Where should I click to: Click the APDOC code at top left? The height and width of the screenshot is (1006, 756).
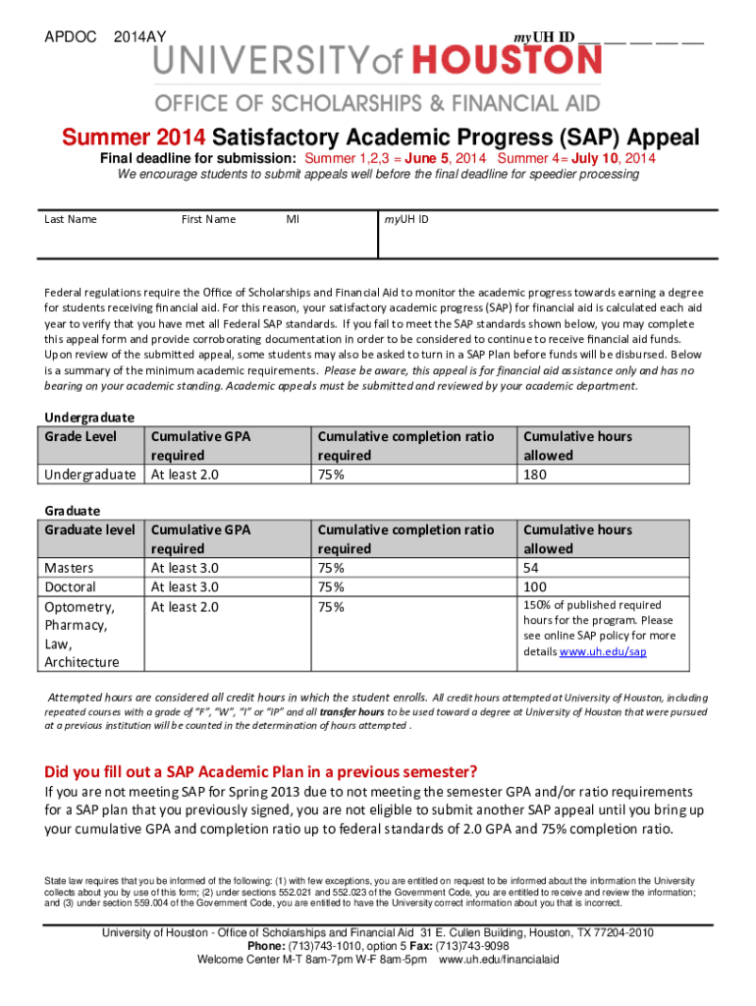coord(71,37)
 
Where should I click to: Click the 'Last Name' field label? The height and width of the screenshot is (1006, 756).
coord(71,219)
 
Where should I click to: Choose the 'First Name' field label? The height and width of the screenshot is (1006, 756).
coord(208,219)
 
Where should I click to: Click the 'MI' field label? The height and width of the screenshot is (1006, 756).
coord(293,219)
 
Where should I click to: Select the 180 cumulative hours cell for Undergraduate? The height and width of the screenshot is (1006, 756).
coord(535,475)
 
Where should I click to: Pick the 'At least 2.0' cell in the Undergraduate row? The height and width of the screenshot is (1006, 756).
coord(184,475)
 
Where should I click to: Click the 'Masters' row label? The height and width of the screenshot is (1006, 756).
coord(70,568)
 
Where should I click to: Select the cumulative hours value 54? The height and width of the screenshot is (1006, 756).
coord(531,568)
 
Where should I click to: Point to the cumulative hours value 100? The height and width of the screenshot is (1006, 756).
coord(535,587)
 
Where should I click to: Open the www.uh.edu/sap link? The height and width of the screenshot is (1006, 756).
coord(603,652)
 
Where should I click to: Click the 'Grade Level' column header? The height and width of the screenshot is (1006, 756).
coord(81,436)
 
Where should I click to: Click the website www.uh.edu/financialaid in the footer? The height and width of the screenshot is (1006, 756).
coord(499,960)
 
